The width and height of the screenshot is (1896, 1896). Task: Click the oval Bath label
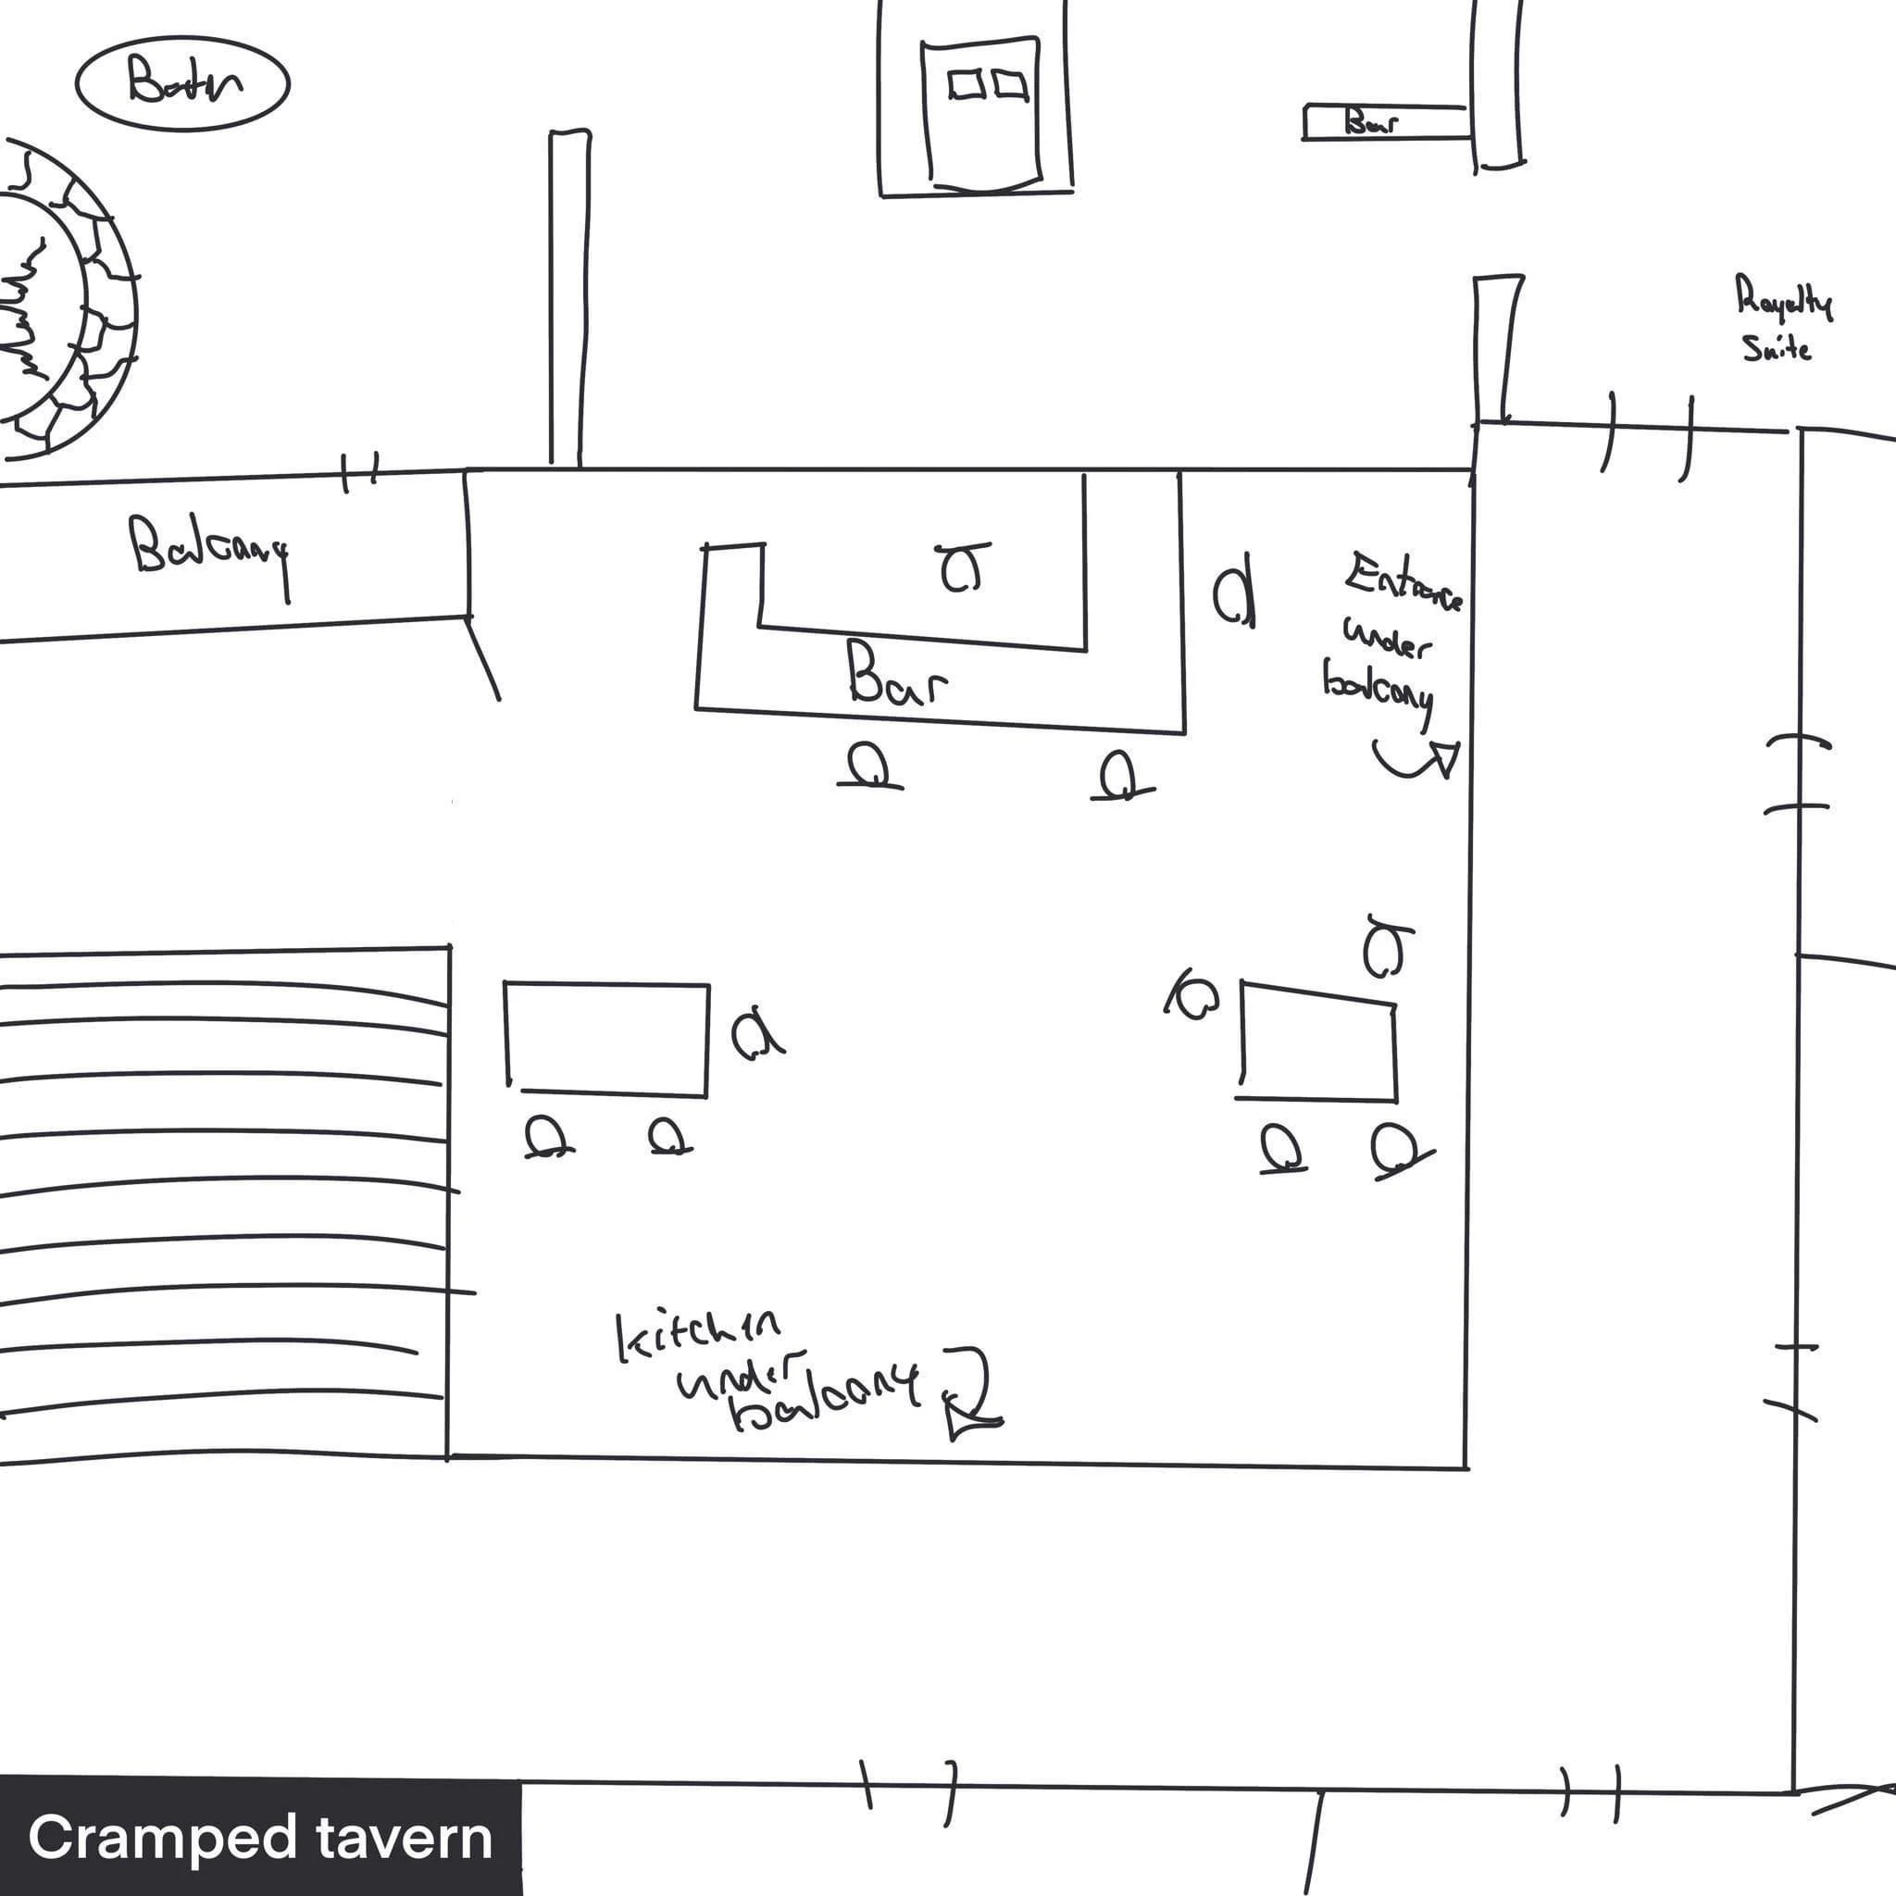182,81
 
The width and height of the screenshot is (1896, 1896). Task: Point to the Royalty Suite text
1780,319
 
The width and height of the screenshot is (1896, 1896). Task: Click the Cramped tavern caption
260,1838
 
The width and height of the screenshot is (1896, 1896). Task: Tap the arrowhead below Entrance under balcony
1444,757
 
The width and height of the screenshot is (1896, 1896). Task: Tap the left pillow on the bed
967,85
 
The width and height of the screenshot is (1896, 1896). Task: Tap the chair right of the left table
755,1034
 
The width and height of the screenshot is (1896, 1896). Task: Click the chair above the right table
1384,947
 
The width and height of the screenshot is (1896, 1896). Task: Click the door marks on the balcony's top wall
360,473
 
